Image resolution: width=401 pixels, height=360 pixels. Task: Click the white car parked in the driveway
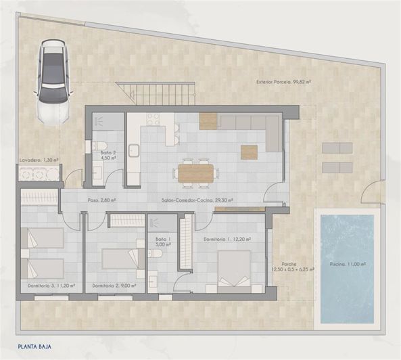(53, 81)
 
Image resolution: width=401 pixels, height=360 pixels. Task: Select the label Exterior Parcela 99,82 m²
(283, 83)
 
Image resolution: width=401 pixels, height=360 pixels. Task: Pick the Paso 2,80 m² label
(102, 200)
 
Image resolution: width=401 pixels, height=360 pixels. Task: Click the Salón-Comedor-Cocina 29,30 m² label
(197, 200)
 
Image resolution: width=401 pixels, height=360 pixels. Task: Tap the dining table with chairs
(195, 173)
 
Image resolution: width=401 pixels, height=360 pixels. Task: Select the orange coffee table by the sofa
(250, 152)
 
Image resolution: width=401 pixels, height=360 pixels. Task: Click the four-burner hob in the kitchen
(154, 120)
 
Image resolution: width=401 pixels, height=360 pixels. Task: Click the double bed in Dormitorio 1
(235, 269)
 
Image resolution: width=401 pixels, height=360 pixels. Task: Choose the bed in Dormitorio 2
(119, 259)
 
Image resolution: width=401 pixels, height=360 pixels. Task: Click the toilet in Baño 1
(155, 254)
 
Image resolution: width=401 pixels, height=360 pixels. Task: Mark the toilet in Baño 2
(99, 145)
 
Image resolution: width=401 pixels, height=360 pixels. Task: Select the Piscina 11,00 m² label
(346, 265)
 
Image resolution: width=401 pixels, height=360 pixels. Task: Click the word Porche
(289, 265)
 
